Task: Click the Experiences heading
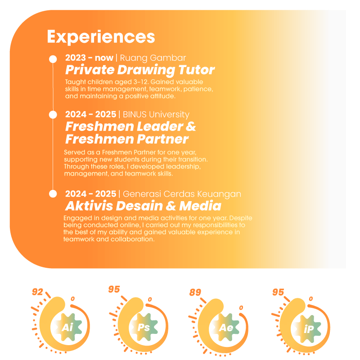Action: (101, 36)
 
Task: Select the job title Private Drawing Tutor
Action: (140, 70)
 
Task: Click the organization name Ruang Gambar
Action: (153, 58)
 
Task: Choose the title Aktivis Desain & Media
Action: (143, 206)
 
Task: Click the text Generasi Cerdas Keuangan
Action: (182, 194)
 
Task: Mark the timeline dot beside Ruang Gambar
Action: (53, 59)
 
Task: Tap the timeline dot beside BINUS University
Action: (53, 114)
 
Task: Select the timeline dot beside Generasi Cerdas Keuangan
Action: (53, 194)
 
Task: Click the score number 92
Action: (37, 292)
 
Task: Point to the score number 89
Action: (195, 292)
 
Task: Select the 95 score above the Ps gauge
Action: (114, 289)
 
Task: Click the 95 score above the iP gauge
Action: (278, 292)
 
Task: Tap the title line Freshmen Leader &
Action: (130, 126)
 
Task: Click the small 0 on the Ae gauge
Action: (241, 308)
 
